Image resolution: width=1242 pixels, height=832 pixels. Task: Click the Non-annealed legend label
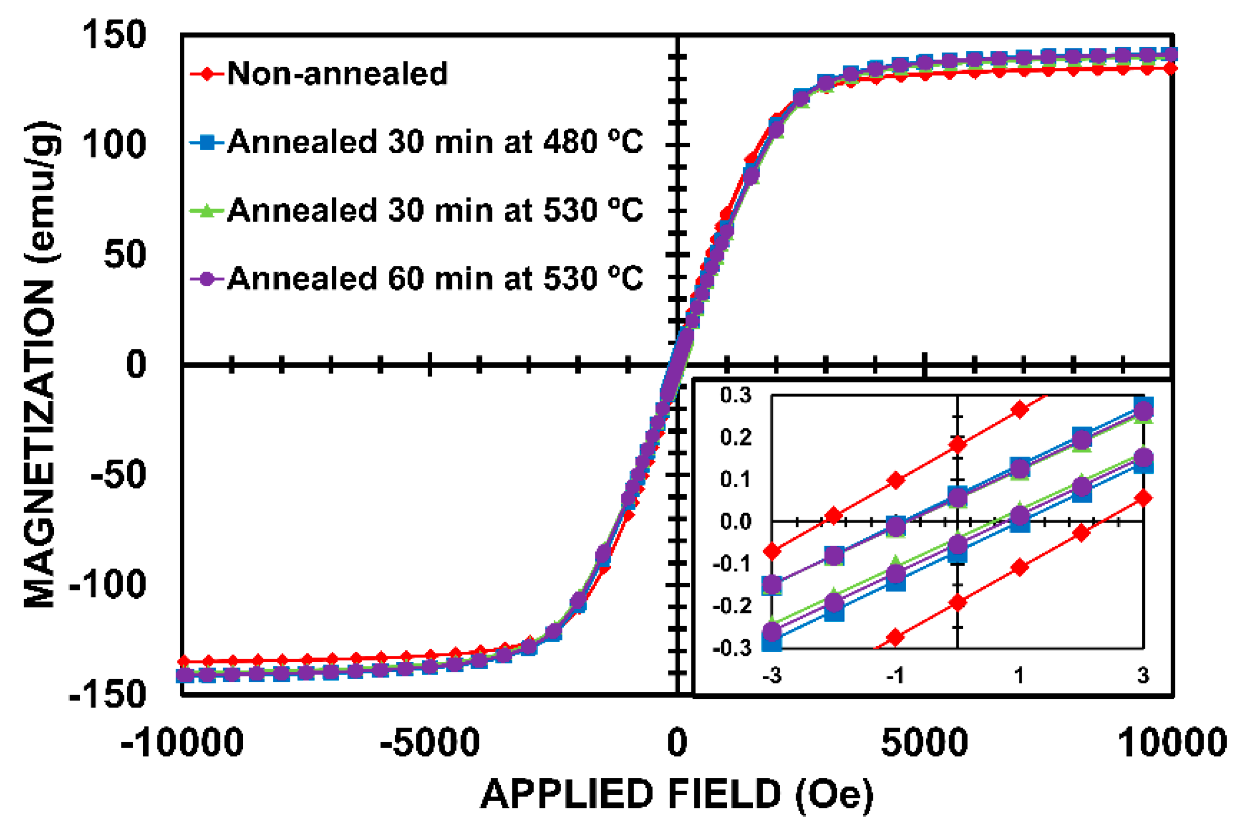click(338, 73)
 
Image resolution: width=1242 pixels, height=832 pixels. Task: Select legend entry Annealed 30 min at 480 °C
click(435, 142)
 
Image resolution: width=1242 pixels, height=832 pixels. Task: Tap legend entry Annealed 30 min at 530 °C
click(435, 210)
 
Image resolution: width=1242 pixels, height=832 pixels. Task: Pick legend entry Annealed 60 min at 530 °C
click(435, 278)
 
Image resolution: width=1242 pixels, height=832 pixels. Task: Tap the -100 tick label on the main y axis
click(108, 584)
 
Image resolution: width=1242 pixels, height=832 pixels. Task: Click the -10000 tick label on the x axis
click(183, 742)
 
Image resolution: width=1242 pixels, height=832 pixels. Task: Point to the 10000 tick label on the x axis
click(1172, 742)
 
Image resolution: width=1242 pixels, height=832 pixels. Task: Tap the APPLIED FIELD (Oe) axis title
click(677, 794)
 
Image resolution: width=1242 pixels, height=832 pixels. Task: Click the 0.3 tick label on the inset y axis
click(735, 396)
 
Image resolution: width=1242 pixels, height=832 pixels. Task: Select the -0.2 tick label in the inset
click(732, 606)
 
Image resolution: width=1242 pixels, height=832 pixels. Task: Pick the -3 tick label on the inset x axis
click(772, 675)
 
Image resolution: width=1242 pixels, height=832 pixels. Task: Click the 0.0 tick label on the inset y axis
click(735, 522)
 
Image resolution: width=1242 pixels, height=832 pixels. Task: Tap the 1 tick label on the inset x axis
click(1019, 675)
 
